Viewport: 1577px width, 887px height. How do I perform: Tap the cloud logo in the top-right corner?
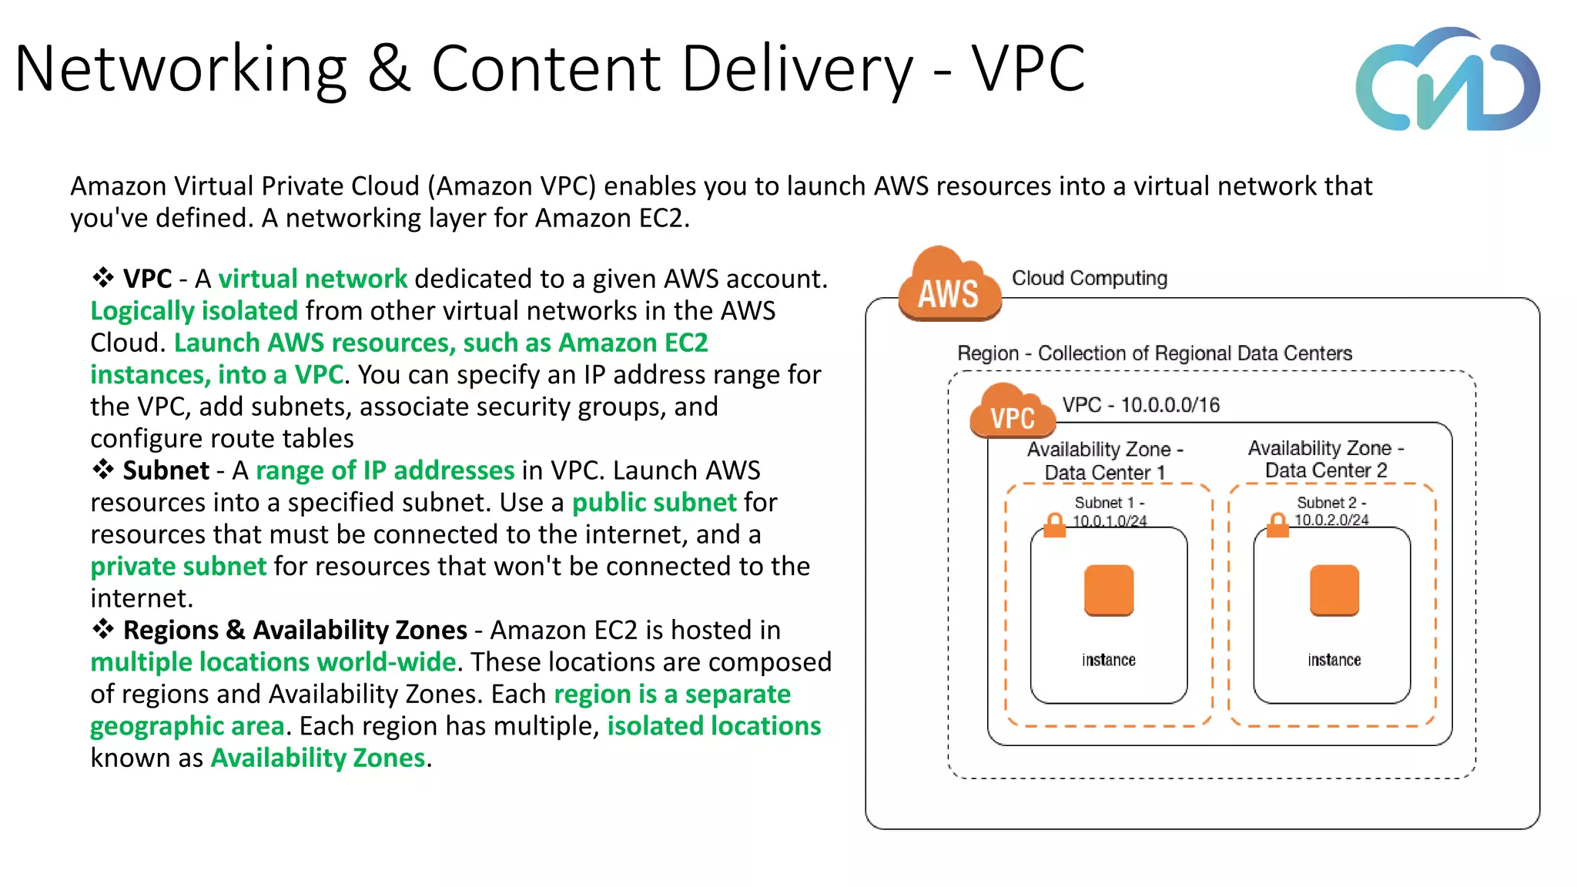1448,81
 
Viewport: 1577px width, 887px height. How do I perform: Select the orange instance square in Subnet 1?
1109,590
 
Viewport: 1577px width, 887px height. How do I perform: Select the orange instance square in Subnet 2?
1334,590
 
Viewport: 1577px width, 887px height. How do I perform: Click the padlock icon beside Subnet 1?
1054,525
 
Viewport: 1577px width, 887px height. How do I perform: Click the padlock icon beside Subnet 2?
1277,525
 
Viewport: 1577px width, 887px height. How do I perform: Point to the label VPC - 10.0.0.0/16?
1140,405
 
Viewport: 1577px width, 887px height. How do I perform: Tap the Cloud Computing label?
1089,278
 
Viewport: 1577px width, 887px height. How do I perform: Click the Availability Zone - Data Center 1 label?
1105,460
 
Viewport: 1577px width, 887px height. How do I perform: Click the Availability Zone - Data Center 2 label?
1326,459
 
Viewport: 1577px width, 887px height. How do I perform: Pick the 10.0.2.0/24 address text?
1331,520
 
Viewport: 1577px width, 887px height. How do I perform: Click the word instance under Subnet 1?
1108,660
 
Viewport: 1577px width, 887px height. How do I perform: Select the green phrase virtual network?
312,279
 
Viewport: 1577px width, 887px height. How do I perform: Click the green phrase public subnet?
654,503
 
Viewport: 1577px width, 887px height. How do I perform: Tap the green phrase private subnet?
178,567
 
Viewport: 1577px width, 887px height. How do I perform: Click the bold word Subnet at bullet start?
166,470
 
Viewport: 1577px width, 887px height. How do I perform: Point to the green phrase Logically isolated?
193,311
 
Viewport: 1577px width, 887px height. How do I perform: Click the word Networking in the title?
181,69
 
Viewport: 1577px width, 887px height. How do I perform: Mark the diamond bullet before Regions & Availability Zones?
103,629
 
